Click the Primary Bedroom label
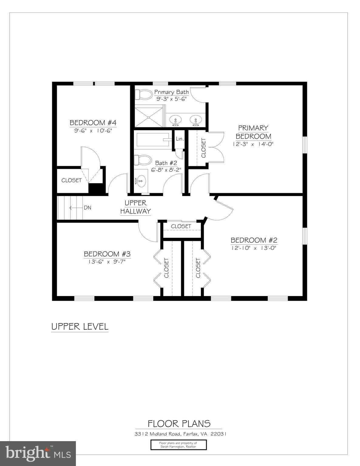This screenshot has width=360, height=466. pyautogui.click(x=253, y=132)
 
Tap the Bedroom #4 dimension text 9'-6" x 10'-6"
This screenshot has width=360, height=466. pyautogui.click(x=93, y=131)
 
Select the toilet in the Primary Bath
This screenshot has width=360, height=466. pyautogui.click(x=144, y=94)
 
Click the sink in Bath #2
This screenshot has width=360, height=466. pyautogui.click(x=140, y=181)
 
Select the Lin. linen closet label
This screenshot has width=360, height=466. pyautogui.click(x=180, y=139)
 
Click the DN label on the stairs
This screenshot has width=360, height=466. pyautogui.click(x=87, y=208)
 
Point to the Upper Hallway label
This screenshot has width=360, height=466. pyautogui.click(x=135, y=207)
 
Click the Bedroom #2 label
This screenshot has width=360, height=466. pyautogui.click(x=254, y=240)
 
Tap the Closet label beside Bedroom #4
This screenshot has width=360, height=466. pyautogui.click(x=71, y=180)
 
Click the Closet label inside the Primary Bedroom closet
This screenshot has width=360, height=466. pyautogui.click(x=203, y=148)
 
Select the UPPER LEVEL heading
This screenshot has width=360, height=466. pyautogui.click(x=80, y=327)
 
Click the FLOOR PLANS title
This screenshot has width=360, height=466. pyautogui.click(x=179, y=424)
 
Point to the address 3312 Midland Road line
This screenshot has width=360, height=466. pyautogui.click(x=180, y=434)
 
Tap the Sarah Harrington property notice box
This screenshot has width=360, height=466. pyautogui.click(x=178, y=445)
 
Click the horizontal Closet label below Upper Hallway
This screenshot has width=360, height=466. pyautogui.click(x=181, y=226)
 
